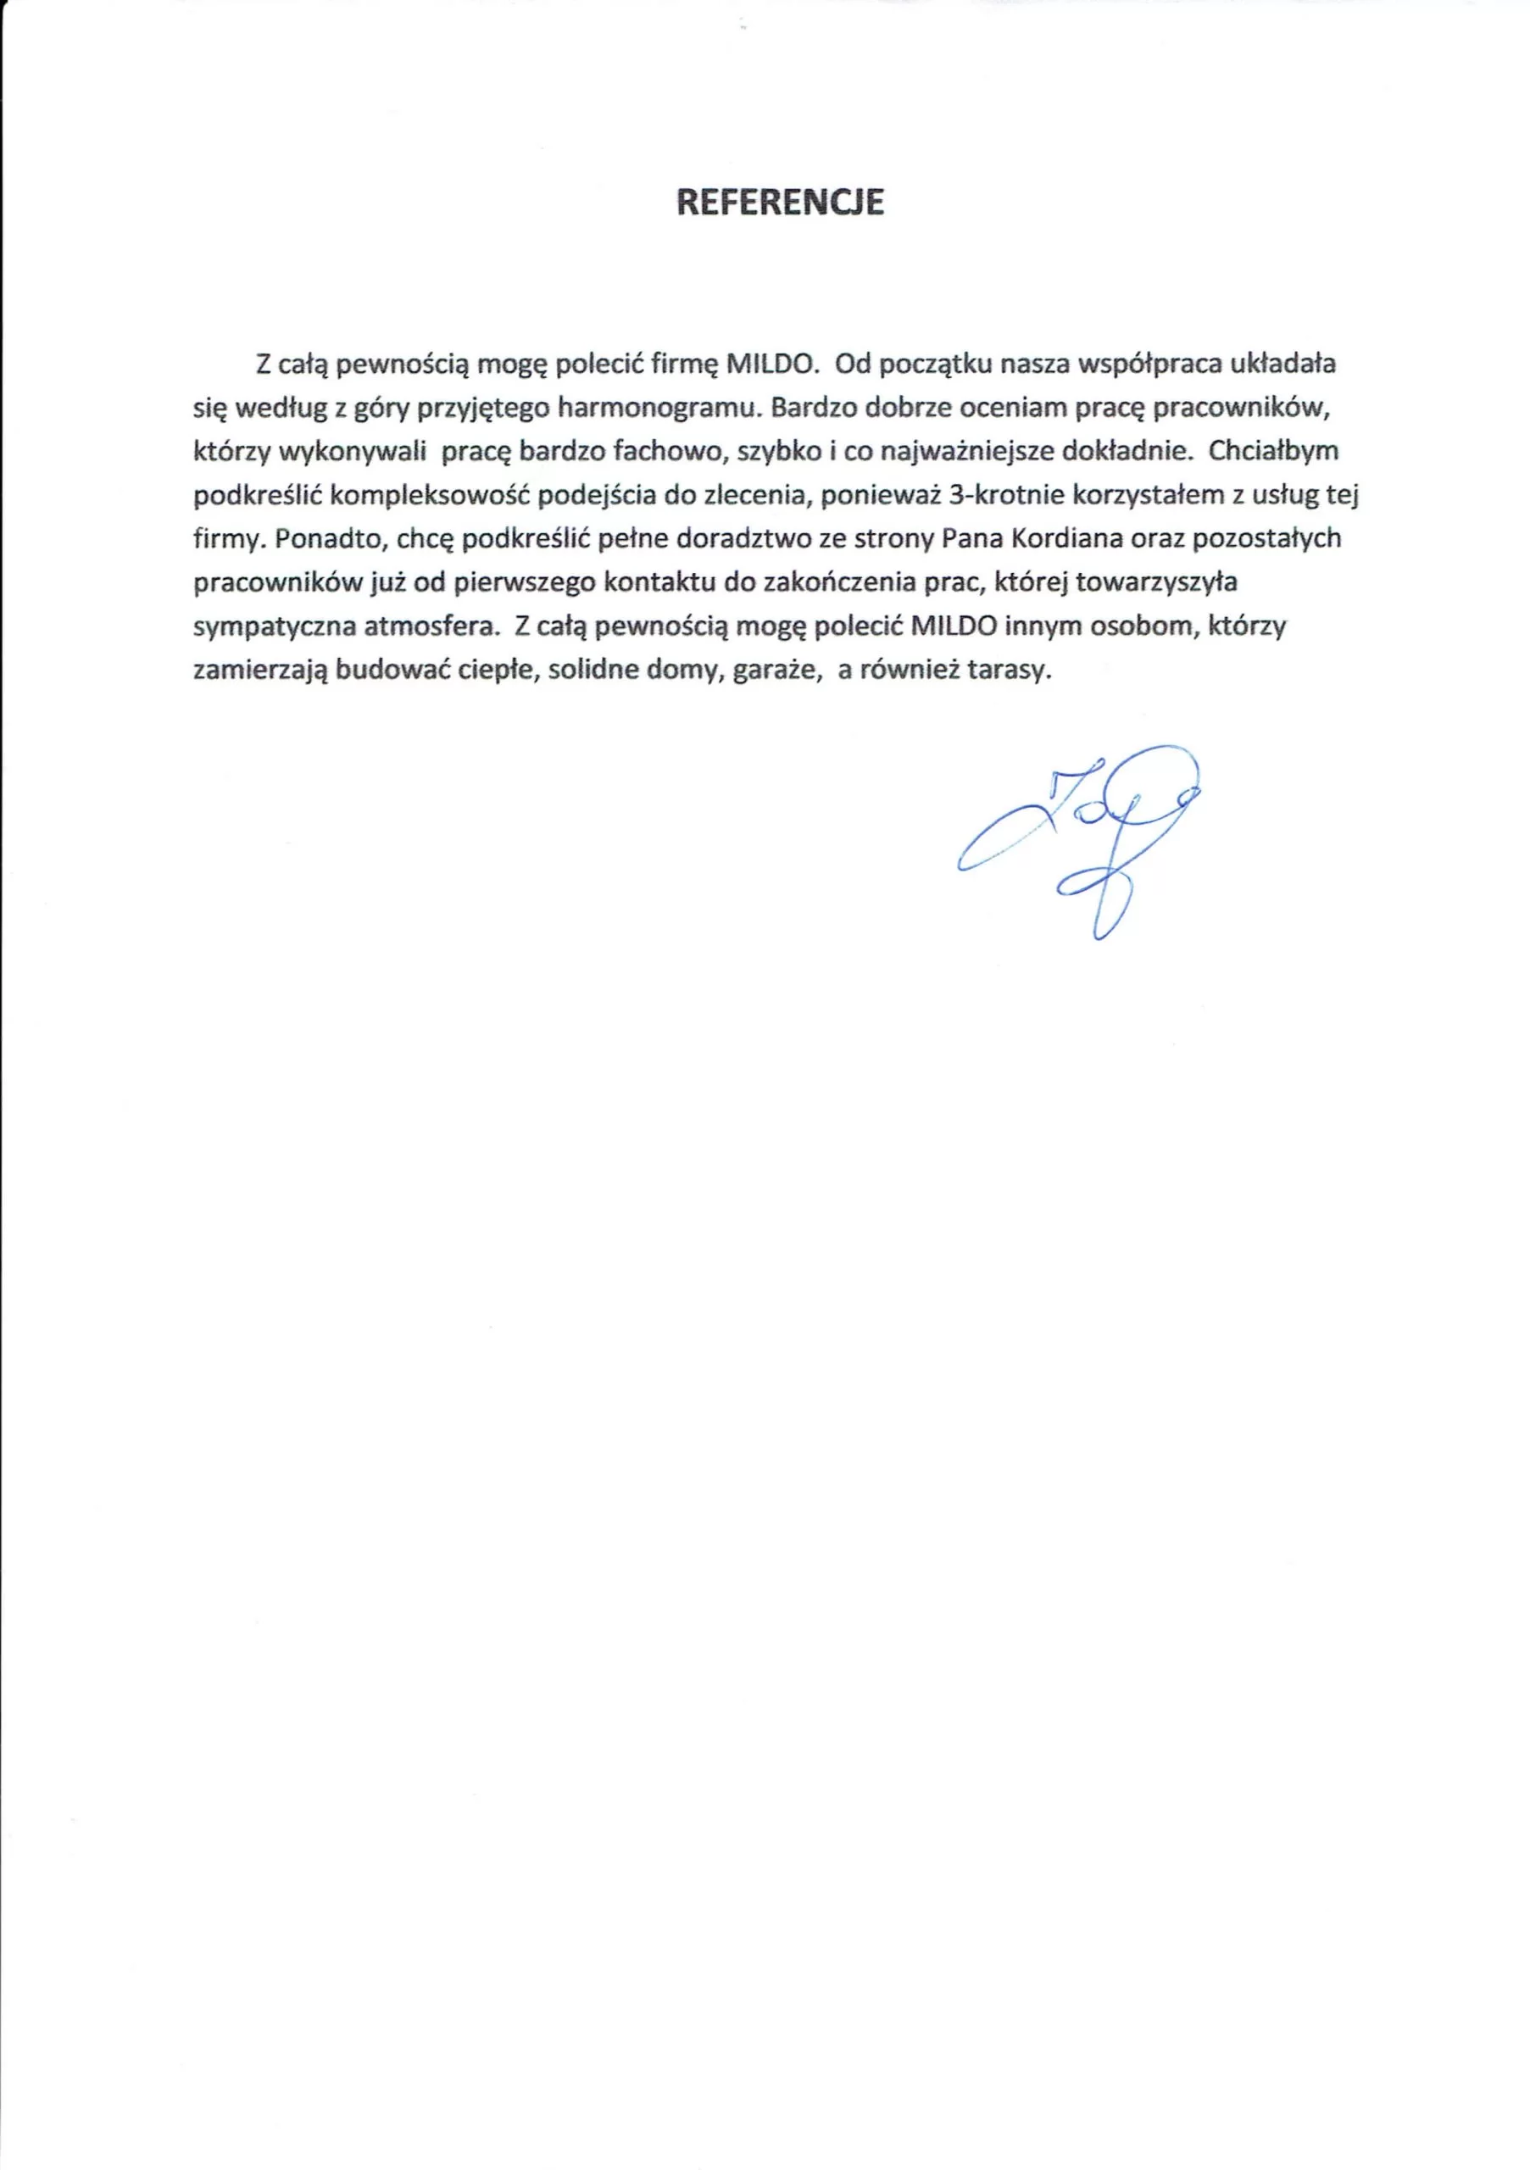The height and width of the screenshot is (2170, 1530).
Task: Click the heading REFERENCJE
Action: pyautogui.click(x=780, y=203)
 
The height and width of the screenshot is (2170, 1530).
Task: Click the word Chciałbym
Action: pyautogui.click(x=1273, y=450)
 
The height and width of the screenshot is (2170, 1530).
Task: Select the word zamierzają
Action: pyautogui.click(x=260, y=670)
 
